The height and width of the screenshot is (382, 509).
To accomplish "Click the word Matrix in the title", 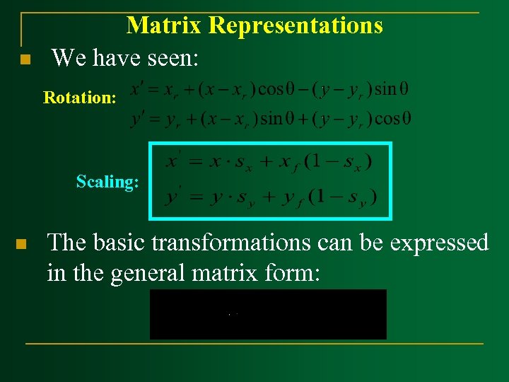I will pos(165,25).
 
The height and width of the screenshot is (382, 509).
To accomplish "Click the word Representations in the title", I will pos(296,25).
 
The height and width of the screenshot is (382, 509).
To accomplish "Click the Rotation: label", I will pos(80,98).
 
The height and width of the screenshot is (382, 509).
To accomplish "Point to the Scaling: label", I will pos(107,182).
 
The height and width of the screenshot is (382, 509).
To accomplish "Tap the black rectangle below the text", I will pos(268,314).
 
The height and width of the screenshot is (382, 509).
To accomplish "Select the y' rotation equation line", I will pos(270,118).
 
